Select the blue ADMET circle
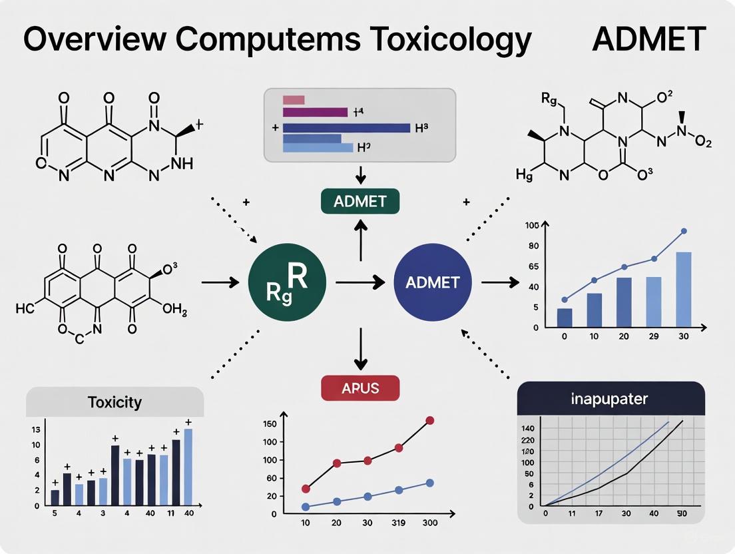pyautogui.click(x=433, y=282)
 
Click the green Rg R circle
pyautogui.click(x=287, y=282)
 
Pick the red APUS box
pyautogui.click(x=360, y=388)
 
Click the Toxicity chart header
pyautogui.click(x=115, y=402)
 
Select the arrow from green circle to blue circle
pyautogui.click(x=360, y=283)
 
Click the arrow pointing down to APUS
pyautogui.click(x=360, y=346)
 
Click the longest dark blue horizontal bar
pyautogui.click(x=346, y=127)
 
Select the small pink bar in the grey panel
pyautogui.click(x=294, y=100)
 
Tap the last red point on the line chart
pyautogui.click(x=429, y=420)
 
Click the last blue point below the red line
pyautogui.click(x=429, y=483)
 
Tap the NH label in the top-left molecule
pyautogui.click(x=182, y=163)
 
